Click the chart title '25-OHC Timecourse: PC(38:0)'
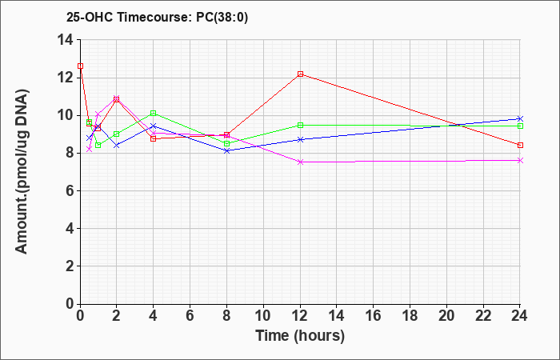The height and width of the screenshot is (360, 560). click(157, 17)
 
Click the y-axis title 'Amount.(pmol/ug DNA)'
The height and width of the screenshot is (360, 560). click(22, 170)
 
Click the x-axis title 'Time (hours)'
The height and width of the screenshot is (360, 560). click(300, 336)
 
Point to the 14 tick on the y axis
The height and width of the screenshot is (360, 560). click(66, 40)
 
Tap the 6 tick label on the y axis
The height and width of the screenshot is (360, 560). click(71, 190)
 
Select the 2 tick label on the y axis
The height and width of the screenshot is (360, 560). click(71, 266)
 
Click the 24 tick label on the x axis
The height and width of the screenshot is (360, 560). click(520, 316)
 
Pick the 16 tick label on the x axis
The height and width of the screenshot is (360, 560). click(374, 316)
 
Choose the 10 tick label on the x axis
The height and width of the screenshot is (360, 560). click(263, 316)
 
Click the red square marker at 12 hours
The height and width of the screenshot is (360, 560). click(300, 74)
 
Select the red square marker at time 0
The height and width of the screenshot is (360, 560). click(80, 66)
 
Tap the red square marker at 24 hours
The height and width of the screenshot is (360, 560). click(520, 145)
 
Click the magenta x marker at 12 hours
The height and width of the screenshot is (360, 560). click(300, 162)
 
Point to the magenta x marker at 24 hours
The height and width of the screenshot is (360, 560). click(520, 160)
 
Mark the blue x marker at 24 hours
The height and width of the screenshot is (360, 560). click(520, 118)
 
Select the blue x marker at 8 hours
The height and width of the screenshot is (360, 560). click(226, 150)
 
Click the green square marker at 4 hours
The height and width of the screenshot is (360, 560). click(154, 114)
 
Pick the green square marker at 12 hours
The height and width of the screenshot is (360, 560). click(300, 125)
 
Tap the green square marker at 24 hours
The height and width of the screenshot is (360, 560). click(520, 126)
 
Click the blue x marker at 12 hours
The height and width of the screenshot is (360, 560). click(300, 139)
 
